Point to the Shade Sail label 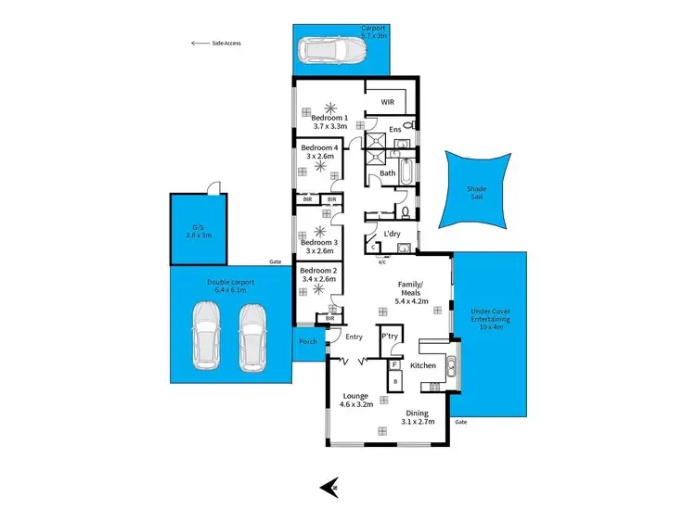pos(475,192)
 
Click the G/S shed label pos(197,231)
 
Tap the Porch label pos(308,341)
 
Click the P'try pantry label pos(390,337)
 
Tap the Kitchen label pos(423,366)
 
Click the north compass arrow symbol pos(327,486)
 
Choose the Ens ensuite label pos(394,129)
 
